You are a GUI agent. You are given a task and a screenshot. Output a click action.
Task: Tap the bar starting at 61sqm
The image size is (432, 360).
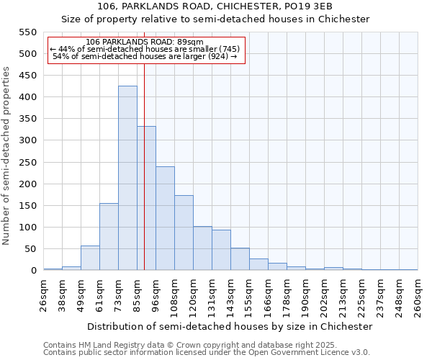tap(109, 237)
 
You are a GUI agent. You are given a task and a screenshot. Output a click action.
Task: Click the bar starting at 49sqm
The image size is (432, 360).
tap(90, 258)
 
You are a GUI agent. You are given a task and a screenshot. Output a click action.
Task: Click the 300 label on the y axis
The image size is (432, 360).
tap(27, 140)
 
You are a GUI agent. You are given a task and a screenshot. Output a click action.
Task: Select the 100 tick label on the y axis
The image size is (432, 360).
tap(27, 228)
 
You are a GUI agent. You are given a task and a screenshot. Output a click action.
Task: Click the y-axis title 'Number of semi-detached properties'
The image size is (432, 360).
tap(7, 156)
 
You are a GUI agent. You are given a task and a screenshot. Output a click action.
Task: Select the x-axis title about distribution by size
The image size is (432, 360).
tap(230, 326)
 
